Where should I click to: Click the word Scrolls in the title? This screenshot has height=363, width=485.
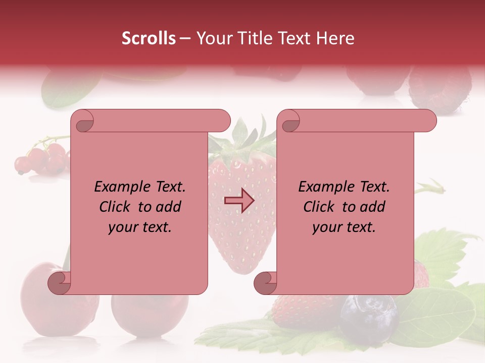click(x=149, y=38)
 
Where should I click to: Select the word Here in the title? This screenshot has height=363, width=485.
click(x=335, y=38)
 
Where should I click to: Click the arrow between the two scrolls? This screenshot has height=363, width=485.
click(x=239, y=201)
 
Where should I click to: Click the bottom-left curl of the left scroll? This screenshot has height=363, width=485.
click(x=60, y=282)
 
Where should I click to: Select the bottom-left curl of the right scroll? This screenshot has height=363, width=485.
click(x=266, y=282)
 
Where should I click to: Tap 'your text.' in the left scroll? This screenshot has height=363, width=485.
click(x=140, y=227)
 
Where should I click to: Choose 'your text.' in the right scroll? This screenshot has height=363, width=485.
click(x=344, y=227)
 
